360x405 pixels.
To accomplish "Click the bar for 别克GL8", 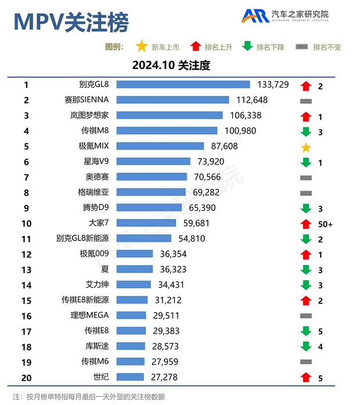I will pyautogui.click(x=183, y=85).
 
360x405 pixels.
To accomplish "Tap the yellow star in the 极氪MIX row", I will pyautogui.click(x=306, y=147).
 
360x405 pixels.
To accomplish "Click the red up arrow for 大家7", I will pyautogui.click(x=306, y=224).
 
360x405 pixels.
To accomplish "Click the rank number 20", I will pyautogui.click(x=26, y=377).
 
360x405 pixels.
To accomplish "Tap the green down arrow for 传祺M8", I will pyautogui.click(x=306, y=131).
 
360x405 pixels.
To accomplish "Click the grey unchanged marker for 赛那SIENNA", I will pyautogui.click(x=306, y=101).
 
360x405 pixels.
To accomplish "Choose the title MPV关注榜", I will pyautogui.click(x=71, y=23).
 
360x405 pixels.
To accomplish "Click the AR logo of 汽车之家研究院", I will pyautogui.click(x=255, y=16).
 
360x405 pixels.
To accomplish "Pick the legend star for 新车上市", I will pyautogui.click(x=141, y=46).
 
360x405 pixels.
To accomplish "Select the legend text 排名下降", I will pyautogui.click(x=270, y=47).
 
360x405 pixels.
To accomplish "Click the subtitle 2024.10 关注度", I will pyautogui.click(x=171, y=65).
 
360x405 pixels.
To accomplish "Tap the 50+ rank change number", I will pyautogui.click(x=325, y=224).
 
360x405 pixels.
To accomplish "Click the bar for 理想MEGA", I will pyautogui.click(x=131, y=316).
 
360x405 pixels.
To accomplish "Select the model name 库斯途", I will pyautogui.click(x=96, y=346).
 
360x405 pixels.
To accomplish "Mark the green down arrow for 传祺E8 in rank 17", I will pyautogui.click(x=306, y=331).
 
